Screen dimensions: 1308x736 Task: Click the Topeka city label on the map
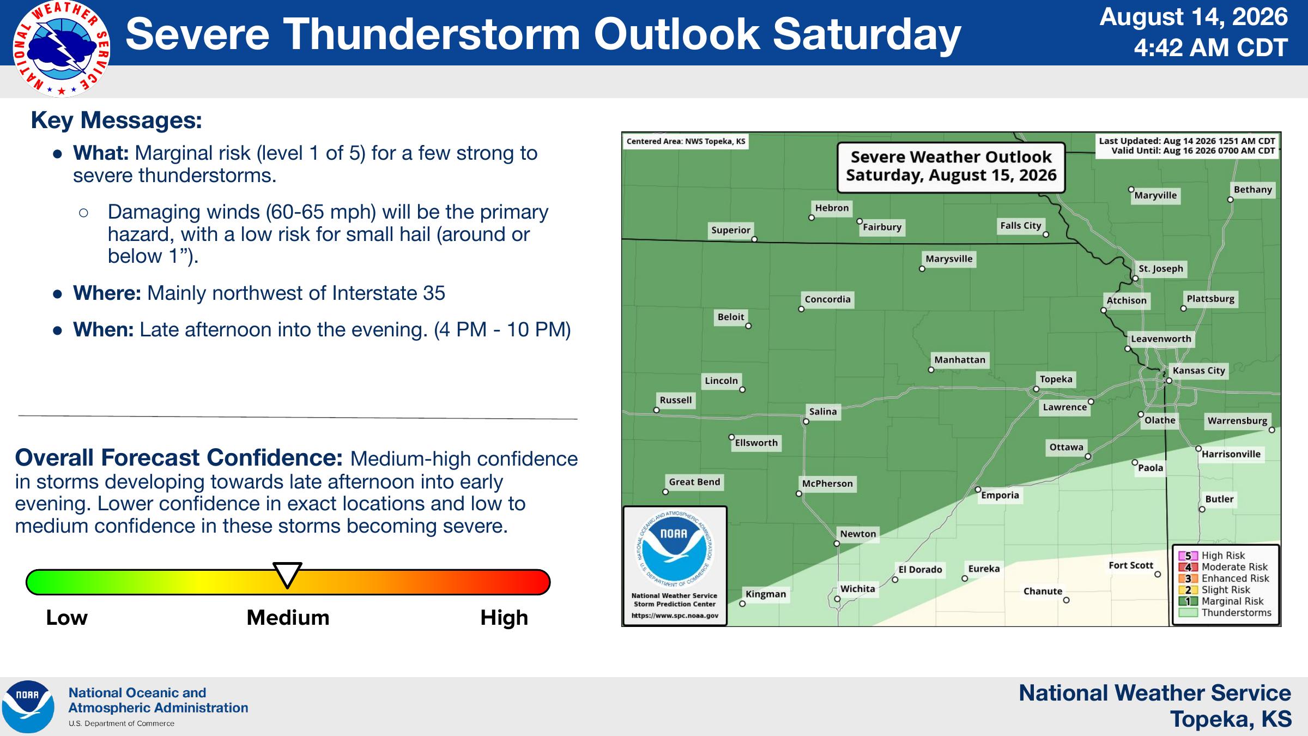click(1056, 379)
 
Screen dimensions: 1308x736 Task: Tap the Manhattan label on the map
click(960, 360)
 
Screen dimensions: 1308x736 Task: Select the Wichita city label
click(857, 589)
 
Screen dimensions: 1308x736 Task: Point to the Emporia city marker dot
click(978, 490)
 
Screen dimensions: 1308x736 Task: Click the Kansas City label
click(1198, 371)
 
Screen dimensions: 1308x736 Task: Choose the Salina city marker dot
click(806, 421)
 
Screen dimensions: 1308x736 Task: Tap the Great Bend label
click(694, 482)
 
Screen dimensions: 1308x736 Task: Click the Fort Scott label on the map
click(1131, 565)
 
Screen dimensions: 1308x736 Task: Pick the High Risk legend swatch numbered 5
click(1188, 556)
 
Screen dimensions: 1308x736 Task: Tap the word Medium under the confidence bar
click(288, 618)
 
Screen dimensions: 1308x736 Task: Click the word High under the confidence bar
click(504, 618)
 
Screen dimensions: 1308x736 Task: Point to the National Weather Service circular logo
click(61, 49)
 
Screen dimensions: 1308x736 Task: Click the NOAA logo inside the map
click(674, 549)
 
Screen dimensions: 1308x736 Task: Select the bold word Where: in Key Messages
click(107, 293)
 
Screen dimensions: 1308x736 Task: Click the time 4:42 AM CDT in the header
click(1210, 48)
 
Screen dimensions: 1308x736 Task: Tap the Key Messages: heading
click(117, 120)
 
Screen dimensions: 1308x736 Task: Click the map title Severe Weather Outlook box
click(951, 167)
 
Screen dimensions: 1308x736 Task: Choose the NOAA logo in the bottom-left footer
click(28, 707)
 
